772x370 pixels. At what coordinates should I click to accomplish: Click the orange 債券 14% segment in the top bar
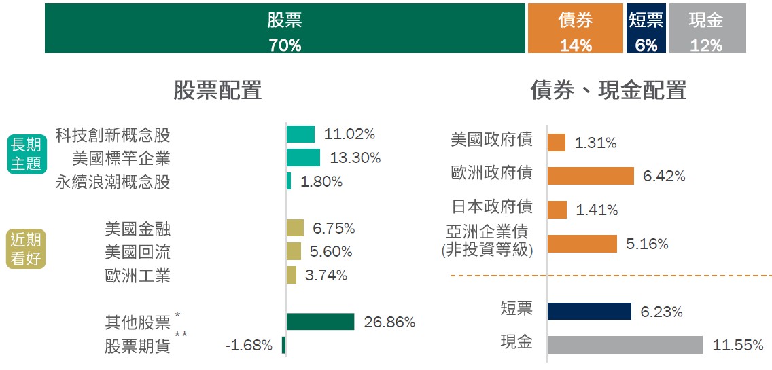pos(576,29)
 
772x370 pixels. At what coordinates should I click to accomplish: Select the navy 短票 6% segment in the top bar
pos(646,29)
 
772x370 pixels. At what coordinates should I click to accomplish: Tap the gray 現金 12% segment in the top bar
pos(707,29)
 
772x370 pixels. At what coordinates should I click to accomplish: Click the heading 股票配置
pos(217,90)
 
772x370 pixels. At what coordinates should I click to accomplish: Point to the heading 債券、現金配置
pos(608,90)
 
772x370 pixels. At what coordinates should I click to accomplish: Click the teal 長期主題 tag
pos(26,154)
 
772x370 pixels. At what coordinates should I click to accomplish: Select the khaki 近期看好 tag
pos(26,249)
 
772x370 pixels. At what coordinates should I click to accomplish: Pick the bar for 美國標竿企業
pos(303,158)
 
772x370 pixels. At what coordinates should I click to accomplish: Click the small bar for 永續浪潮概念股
pos(289,181)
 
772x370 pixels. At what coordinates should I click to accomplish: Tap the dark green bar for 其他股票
pos(320,322)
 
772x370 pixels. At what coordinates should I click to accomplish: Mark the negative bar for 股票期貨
pos(284,345)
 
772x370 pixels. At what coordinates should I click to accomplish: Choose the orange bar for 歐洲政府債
pos(591,176)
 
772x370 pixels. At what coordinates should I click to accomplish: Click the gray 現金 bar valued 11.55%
pos(625,345)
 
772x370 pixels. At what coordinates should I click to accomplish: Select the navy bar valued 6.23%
pos(589,312)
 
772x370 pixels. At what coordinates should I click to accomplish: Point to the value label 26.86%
pos(389,322)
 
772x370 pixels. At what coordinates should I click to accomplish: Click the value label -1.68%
pos(249,346)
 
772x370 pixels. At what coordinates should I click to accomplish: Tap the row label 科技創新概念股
pos(113,134)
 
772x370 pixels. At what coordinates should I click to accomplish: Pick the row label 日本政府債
pos(492,206)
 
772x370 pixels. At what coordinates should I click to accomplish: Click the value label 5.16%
pos(647,244)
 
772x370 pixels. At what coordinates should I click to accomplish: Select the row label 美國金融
pos(138,229)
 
